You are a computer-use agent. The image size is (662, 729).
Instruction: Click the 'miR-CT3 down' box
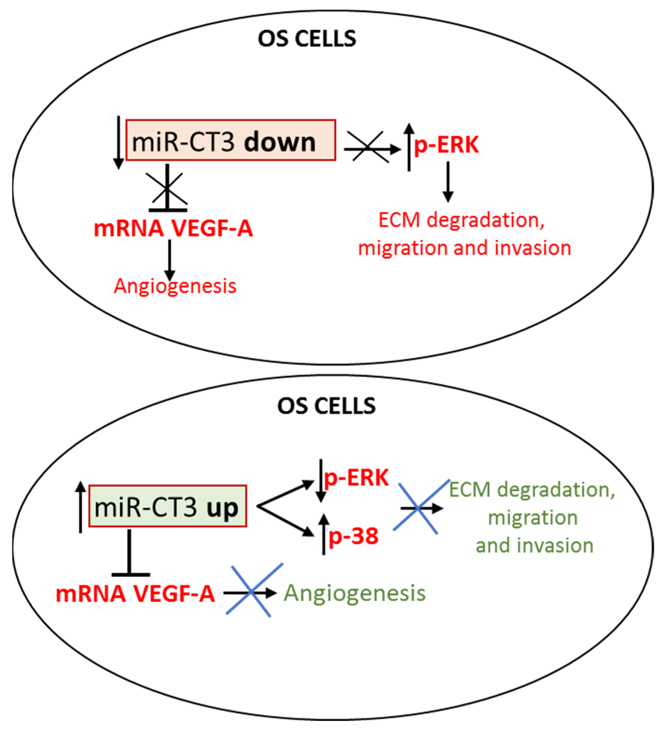(x=230, y=140)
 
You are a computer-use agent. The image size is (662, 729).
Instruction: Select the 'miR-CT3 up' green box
(x=168, y=506)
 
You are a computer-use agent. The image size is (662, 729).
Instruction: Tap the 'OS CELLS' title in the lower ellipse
(x=326, y=406)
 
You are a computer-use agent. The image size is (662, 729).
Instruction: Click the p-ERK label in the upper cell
(x=446, y=145)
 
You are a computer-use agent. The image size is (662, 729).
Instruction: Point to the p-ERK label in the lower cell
(x=356, y=478)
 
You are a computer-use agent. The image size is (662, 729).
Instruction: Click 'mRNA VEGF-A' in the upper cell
(x=173, y=228)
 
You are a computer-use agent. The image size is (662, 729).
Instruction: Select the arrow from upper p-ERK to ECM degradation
(x=448, y=182)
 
